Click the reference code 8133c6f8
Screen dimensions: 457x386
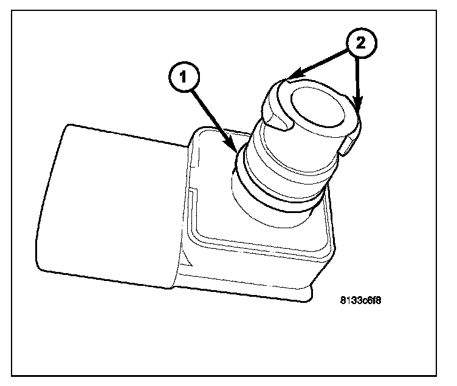pos(364,300)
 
